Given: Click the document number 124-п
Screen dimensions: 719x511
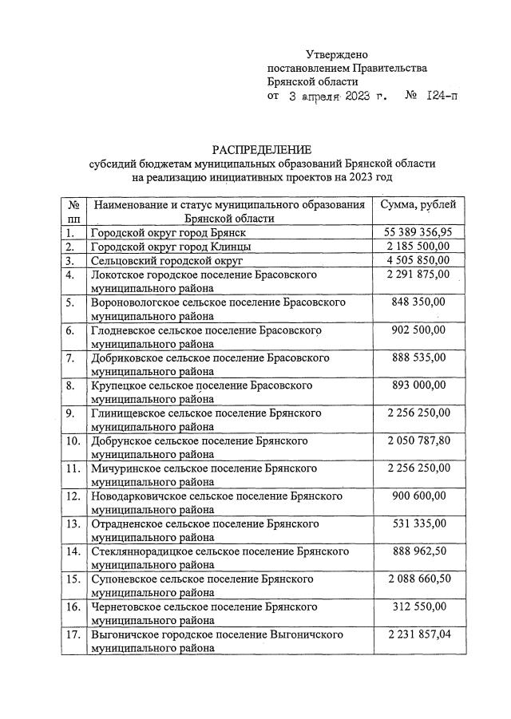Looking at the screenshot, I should (x=442, y=96).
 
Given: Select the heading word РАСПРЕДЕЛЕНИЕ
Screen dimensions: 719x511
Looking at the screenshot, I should (x=261, y=150).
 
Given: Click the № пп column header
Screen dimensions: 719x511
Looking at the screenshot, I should (x=73, y=211).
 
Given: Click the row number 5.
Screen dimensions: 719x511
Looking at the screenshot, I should (x=71, y=302).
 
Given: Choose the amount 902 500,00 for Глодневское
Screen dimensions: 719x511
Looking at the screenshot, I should (x=420, y=330).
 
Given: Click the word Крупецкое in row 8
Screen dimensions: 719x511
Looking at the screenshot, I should (x=118, y=385).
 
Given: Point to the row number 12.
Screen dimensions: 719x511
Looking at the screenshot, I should (x=73, y=496).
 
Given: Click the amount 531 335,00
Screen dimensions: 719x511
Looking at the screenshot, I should (x=420, y=523).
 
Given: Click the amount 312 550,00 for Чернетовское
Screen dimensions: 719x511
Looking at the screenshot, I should (x=420, y=606).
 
